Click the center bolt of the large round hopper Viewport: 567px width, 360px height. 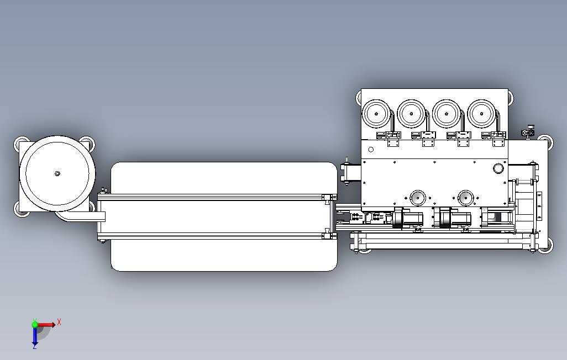(x=57, y=173)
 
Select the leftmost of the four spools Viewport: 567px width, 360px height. (x=376, y=114)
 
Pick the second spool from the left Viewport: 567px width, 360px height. (x=411, y=114)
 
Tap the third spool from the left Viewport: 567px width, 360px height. (x=445, y=114)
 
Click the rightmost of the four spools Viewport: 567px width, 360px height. (x=481, y=114)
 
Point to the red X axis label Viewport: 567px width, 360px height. (x=59, y=322)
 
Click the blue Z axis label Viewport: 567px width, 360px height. (x=34, y=346)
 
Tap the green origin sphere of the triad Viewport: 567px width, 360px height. (x=35, y=325)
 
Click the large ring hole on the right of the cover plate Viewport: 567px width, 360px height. (x=499, y=168)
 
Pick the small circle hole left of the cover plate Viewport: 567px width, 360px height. (x=371, y=149)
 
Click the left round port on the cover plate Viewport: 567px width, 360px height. (x=417, y=197)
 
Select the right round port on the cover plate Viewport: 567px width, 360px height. (x=465, y=197)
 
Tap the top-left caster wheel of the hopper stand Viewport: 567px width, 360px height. (x=22, y=140)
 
